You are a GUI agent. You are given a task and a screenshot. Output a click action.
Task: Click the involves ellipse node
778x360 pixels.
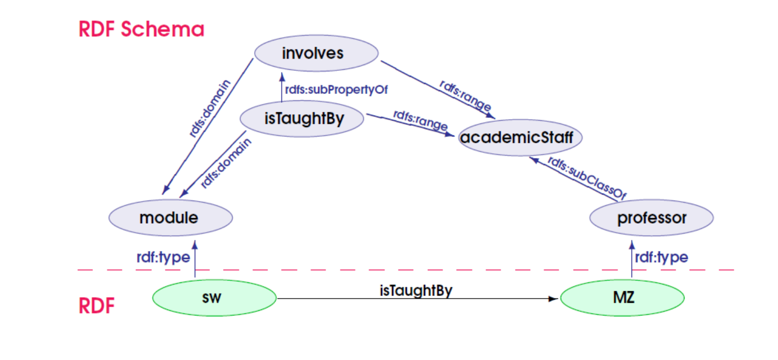pos(316,53)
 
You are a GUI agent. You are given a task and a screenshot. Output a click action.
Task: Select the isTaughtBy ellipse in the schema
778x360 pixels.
pos(302,119)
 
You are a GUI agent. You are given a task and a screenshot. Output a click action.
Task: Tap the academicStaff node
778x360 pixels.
pos(521,137)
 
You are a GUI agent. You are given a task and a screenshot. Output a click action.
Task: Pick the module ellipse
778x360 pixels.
pos(170,217)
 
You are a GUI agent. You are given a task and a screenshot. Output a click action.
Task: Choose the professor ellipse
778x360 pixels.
pos(651,217)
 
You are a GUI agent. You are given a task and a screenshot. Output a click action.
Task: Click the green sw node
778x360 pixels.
pos(214,298)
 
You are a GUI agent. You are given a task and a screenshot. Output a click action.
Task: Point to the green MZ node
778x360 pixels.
pos(623,298)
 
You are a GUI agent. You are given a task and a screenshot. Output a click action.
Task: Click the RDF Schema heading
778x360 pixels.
pos(141,29)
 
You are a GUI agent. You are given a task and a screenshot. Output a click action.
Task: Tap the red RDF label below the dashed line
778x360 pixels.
pos(97,306)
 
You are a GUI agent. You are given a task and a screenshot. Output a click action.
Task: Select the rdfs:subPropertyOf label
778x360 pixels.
pos(336,90)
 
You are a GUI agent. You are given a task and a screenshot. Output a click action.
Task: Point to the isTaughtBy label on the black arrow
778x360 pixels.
pos(416,290)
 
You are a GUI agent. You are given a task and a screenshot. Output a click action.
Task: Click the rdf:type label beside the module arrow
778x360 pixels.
pos(163,257)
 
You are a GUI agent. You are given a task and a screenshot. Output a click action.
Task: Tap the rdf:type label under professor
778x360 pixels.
pos(661,257)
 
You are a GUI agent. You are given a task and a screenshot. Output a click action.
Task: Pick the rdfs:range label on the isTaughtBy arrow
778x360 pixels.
pos(420,121)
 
